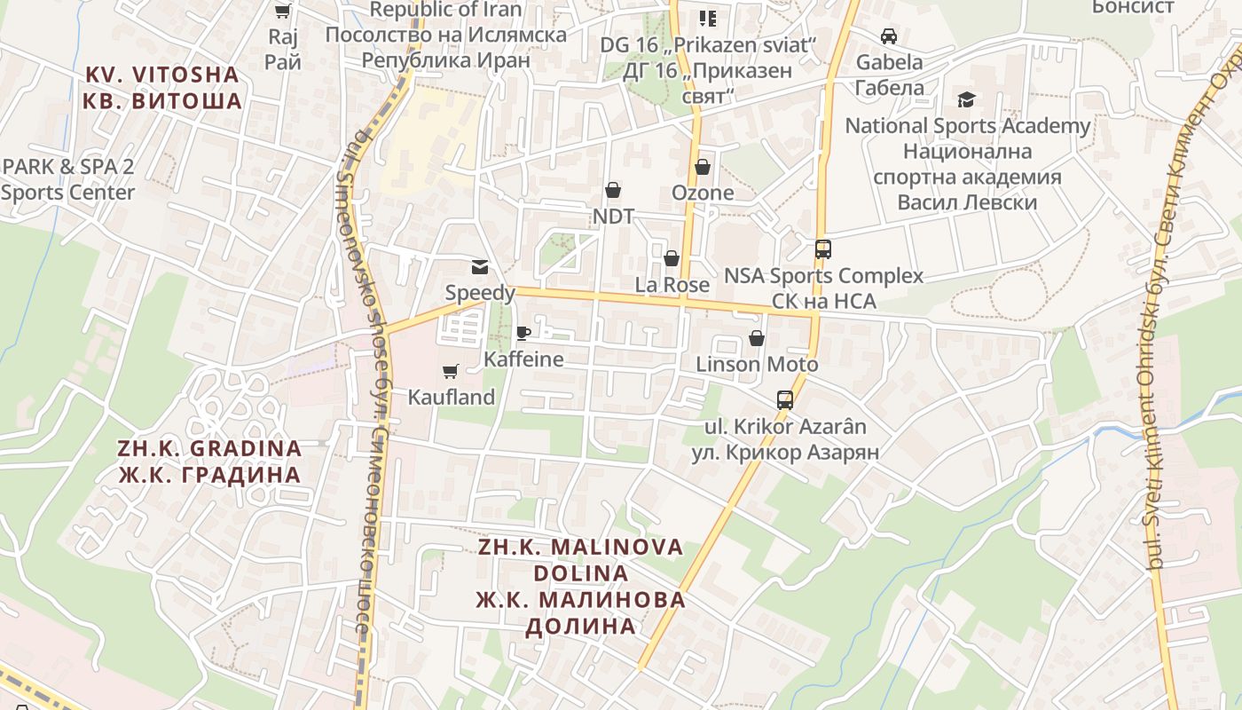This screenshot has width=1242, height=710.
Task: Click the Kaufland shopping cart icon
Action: click(x=450, y=371)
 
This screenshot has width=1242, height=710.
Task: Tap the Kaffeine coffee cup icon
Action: click(x=523, y=333)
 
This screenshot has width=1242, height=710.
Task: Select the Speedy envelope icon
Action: click(x=480, y=266)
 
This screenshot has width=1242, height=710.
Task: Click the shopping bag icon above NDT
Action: click(x=613, y=190)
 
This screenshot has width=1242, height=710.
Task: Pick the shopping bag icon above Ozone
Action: click(x=703, y=167)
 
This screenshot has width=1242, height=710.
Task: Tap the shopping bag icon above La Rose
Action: click(x=672, y=258)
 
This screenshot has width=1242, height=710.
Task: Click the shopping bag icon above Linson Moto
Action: click(x=757, y=338)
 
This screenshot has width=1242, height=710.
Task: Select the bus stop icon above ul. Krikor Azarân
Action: click(x=785, y=400)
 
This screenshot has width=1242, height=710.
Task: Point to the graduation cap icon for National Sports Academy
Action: click(x=966, y=99)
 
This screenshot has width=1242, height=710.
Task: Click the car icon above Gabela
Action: click(x=889, y=36)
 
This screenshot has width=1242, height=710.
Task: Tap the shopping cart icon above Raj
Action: click(x=282, y=12)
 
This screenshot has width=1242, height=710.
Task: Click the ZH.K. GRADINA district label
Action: click(x=209, y=461)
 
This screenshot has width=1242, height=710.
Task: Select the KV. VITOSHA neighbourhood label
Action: click(x=162, y=88)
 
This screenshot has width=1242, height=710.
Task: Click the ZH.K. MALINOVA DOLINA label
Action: click(x=581, y=586)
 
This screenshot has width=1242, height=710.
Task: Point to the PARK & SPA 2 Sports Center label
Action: click(x=68, y=179)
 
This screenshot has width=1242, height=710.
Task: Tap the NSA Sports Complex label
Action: click(x=823, y=288)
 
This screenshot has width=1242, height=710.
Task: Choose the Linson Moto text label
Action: click(x=757, y=364)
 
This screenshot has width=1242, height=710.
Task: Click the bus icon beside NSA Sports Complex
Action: click(x=823, y=248)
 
